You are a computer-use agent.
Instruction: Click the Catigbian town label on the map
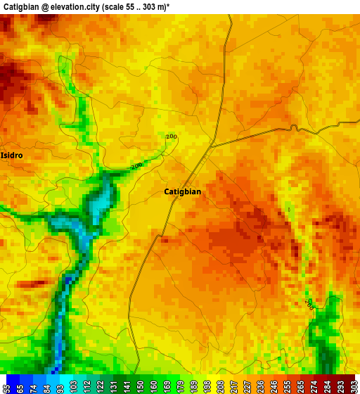click(x=182, y=191)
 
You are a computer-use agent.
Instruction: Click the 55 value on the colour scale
click(x=7, y=388)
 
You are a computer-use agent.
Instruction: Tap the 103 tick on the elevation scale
click(x=73, y=388)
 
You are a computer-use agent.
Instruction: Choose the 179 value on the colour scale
click(x=180, y=388)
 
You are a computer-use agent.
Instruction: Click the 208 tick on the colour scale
click(x=220, y=388)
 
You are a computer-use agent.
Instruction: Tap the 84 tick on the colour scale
click(x=47, y=388)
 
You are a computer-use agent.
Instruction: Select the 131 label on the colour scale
click(x=113, y=388)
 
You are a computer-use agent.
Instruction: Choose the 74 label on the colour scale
click(x=34, y=388)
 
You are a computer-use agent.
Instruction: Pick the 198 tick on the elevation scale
click(x=207, y=388)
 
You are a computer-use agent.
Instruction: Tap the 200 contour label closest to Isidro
click(x=136, y=166)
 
